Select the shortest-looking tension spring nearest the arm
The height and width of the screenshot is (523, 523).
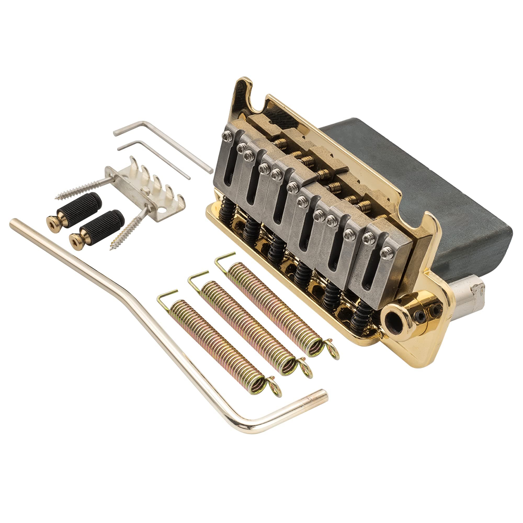click(217, 344)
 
